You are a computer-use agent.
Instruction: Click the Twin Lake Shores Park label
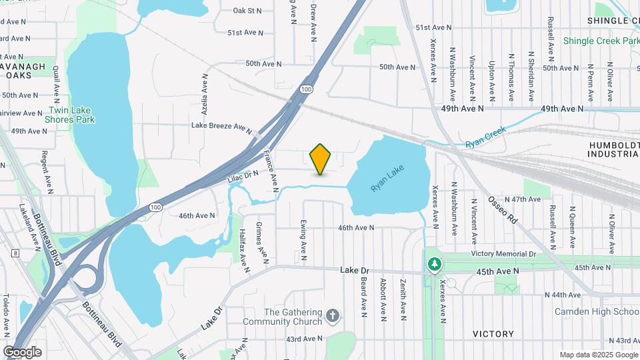pyautogui.click(x=69, y=115)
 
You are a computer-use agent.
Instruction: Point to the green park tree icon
pyautogui.click(x=435, y=265)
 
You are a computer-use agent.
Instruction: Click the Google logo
pyautogui.click(x=22, y=352)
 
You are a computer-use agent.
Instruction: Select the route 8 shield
pyautogui.click(x=15, y=253)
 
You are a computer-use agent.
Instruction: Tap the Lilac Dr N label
pyautogui.click(x=242, y=177)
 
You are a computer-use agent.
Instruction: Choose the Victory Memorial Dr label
pyautogui.click(x=503, y=254)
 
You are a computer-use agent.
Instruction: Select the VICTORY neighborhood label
pyautogui.click(x=493, y=334)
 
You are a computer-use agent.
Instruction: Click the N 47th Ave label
pyautogui.click(x=522, y=199)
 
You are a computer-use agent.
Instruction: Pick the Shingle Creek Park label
pyautogui.click(x=601, y=41)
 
